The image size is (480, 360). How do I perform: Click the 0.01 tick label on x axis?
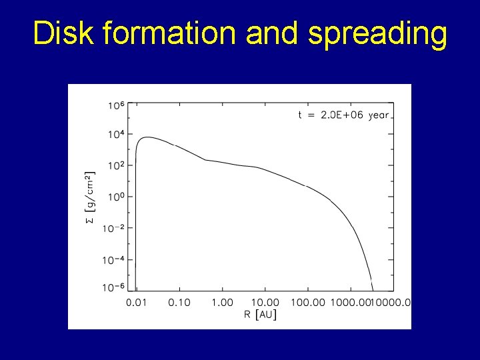137,303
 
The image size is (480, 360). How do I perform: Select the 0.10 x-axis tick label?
179,303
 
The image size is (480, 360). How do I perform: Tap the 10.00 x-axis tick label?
265,303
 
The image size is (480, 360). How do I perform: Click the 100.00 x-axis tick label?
308,303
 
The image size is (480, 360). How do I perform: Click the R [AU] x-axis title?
261,315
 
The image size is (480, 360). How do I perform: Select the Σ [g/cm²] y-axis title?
91,197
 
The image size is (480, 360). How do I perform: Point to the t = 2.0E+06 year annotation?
343,115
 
